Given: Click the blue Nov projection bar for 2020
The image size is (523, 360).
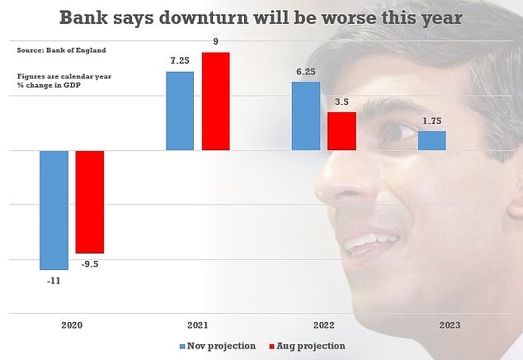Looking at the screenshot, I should pyautogui.click(x=54, y=210).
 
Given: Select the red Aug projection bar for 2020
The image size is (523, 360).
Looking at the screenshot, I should pyautogui.click(x=90, y=201).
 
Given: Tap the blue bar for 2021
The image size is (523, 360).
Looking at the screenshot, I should pyautogui.click(x=180, y=111).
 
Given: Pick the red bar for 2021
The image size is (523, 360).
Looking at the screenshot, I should pyautogui.click(x=215, y=101).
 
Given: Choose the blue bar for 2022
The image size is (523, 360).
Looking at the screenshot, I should pyautogui.click(x=305, y=116).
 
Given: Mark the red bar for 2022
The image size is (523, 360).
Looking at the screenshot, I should pyautogui.click(x=342, y=131).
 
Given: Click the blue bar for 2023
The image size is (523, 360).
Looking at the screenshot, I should pyautogui.click(x=431, y=141).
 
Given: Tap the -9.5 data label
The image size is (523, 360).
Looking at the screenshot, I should pyautogui.click(x=90, y=264).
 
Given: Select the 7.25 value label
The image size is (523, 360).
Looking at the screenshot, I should pyautogui.click(x=180, y=61).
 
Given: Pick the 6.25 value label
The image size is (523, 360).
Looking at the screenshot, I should pyautogui.click(x=305, y=72).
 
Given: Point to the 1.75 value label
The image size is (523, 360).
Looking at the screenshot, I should pyautogui.click(x=431, y=121).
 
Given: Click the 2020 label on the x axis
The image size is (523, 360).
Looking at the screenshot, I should pyautogui.click(x=73, y=325).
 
